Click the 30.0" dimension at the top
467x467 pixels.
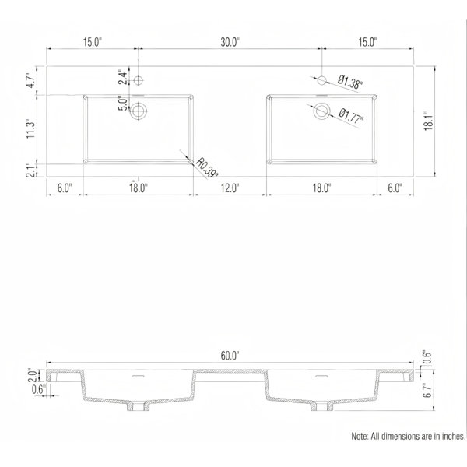click(230, 42)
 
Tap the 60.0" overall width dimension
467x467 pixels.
click(230, 356)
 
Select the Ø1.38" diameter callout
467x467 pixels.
click(350, 82)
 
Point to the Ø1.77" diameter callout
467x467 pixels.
click(351, 115)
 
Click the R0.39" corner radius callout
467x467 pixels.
click(207, 167)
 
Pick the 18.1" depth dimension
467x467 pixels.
click(428, 121)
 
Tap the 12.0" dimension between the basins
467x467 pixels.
click(230, 188)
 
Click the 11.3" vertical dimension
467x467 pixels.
click(31, 129)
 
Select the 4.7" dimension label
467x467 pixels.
click(31, 80)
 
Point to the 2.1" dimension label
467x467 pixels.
click(31, 170)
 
